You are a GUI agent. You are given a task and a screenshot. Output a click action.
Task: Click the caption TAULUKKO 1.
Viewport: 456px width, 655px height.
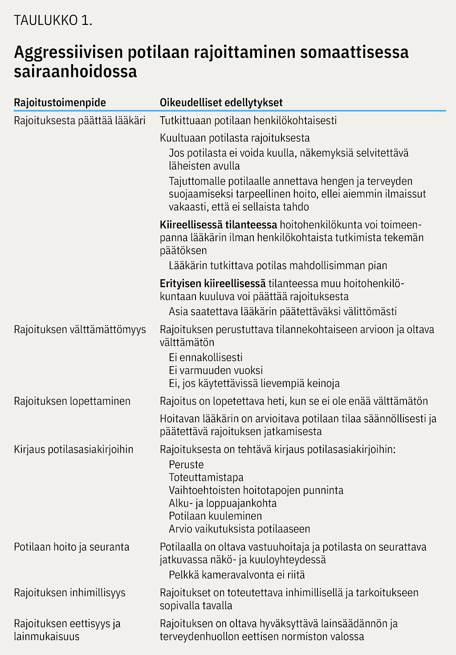pyautogui.click(x=53, y=20)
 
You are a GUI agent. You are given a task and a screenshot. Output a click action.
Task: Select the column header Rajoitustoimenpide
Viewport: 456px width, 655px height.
pyautogui.click(x=60, y=102)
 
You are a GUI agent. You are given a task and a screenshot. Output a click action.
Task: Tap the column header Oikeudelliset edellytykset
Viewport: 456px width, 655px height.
pyautogui.click(x=221, y=102)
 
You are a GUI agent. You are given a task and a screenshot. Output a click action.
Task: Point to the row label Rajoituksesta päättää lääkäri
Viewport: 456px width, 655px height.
pyautogui.click(x=80, y=121)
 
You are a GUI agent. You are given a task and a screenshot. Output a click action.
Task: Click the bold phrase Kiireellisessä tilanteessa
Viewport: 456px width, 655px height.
pyautogui.click(x=219, y=225)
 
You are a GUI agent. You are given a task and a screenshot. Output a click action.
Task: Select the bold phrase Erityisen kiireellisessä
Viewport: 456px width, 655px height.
pyautogui.click(x=213, y=284)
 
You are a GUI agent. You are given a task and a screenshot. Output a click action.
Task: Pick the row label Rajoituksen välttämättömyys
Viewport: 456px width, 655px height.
pyautogui.click(x=80, y=330)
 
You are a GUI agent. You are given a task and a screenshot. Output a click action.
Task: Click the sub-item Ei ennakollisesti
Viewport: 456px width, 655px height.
pyautogui.click(x=206, y=358)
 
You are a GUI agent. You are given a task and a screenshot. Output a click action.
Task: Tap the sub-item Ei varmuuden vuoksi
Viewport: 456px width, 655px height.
pyautogui.click(x=216, y=370)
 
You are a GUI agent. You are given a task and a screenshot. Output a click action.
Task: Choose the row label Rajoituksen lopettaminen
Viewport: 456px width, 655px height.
pyautogui.click(x=72, y=401)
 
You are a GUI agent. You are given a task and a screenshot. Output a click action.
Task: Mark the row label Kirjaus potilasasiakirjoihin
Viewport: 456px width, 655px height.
pyautogui.click(x=73, y=449)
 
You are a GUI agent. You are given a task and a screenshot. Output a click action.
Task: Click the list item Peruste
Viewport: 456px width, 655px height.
pyautogui.click(x=186, y=465)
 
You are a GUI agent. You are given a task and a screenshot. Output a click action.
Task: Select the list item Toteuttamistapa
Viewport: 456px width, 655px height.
pyautogui.click(x=206, y=478)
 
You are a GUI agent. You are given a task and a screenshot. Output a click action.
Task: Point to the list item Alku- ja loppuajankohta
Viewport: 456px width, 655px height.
pyautogui.click(x=223, y=504)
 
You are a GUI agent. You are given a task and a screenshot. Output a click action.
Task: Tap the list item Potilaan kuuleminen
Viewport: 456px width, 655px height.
pyautogui.click(x=216, y=517)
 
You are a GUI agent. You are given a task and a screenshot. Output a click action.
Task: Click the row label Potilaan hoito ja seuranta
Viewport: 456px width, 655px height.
pyautogui.click(x=72, y=547)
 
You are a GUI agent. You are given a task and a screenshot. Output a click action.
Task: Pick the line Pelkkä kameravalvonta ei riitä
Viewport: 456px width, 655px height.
pyautogui.click(x=237, y=575)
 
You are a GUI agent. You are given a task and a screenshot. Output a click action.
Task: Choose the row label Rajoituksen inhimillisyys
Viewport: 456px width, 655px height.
pyautogui.click(x=70, y=593)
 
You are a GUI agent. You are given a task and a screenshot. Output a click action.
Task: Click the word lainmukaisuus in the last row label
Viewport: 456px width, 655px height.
pyautogui.click(x=47, y=637)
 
